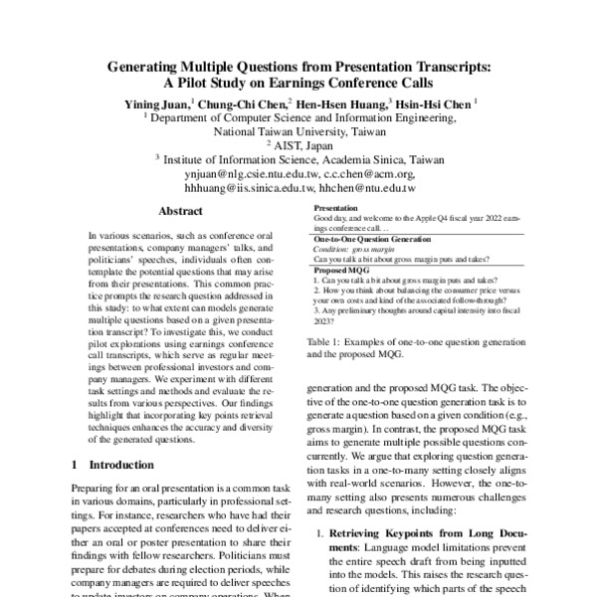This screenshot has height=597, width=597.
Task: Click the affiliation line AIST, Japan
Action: pos(301,144)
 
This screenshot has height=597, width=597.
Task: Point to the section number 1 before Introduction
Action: pos(77,465)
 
